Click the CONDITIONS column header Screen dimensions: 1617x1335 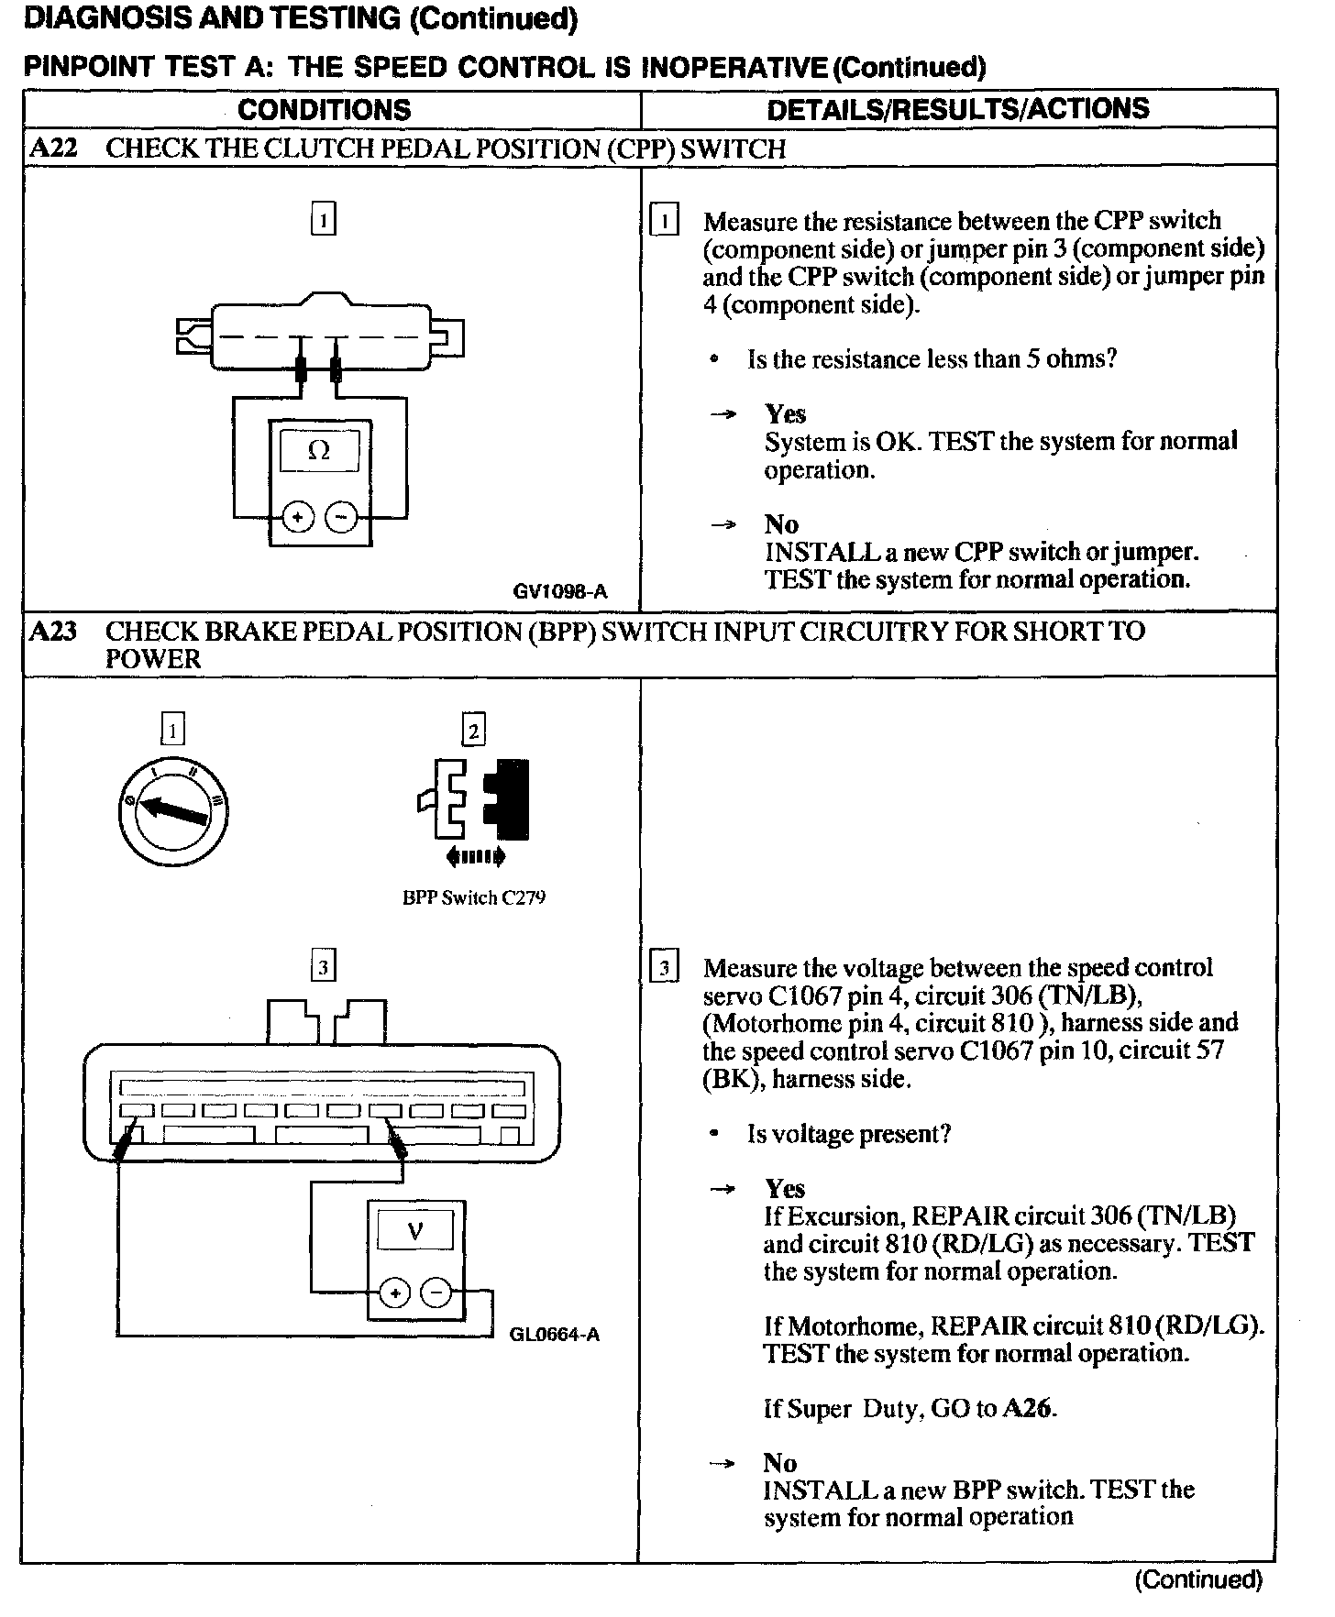click(x=324, y=110)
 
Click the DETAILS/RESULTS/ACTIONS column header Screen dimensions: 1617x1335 click(x=957, y=109)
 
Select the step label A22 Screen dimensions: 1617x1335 click(x=53, y=148)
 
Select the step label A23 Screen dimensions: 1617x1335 click(x=53, y=632)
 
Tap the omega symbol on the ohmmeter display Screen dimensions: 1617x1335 click(x=319, y=450)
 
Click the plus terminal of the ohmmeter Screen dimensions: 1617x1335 click(x=297, y=518)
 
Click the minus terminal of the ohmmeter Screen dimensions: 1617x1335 click(x=341, y=518)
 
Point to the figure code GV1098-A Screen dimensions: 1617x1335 click(x=559, y=591)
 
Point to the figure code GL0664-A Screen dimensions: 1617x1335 click(x=555, y=1334)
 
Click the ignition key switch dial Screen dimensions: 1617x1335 click(x=172, y=810)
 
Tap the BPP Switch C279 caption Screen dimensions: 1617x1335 click(x=474, y=897)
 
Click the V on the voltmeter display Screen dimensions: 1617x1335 click(x=415, y=1230)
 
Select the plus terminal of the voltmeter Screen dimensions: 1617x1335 click(x=394, y=1293)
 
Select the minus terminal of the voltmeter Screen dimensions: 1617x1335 click(x=436, y=1293)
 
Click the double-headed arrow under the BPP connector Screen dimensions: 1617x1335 click(x=474, y=857)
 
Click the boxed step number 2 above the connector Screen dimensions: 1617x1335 click(x=473, y=731)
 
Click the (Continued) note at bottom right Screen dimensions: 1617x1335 click(x=1198, y=1578)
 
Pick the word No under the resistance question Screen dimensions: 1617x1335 click(x=781, y=524)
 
